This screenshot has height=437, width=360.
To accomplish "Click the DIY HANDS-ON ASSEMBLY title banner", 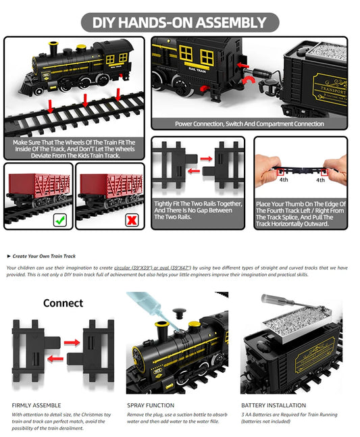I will [180, 22].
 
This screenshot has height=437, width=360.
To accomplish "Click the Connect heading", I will [63, 303].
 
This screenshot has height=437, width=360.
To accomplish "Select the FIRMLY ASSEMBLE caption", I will [36, 405].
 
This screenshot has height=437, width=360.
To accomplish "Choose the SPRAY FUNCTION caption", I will [151, 405].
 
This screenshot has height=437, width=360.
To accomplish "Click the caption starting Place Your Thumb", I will [301, 213].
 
